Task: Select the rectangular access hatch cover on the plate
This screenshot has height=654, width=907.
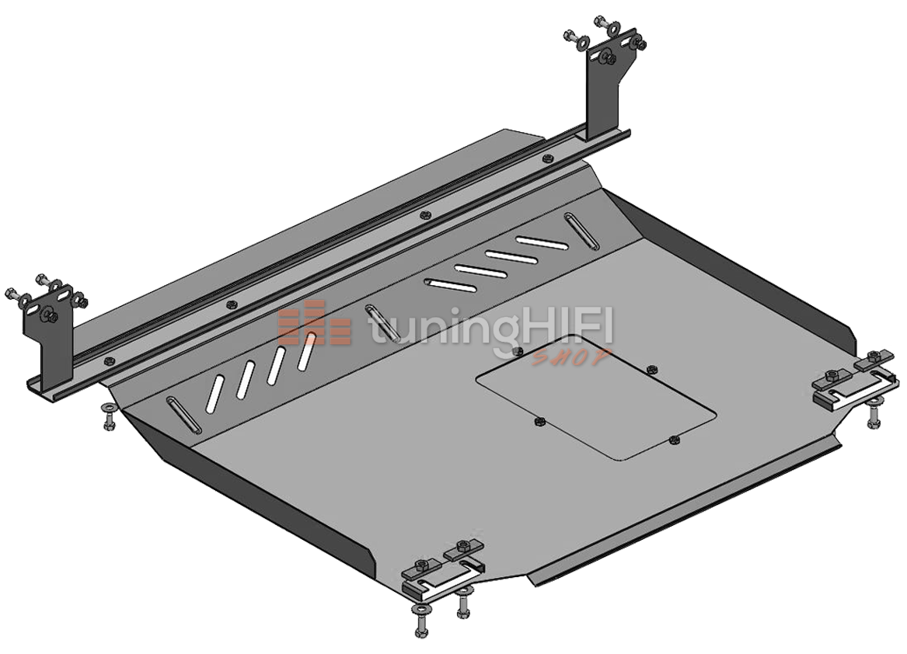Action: tap(596, 398)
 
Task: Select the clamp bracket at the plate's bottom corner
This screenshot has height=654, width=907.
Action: tap(445, 567)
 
